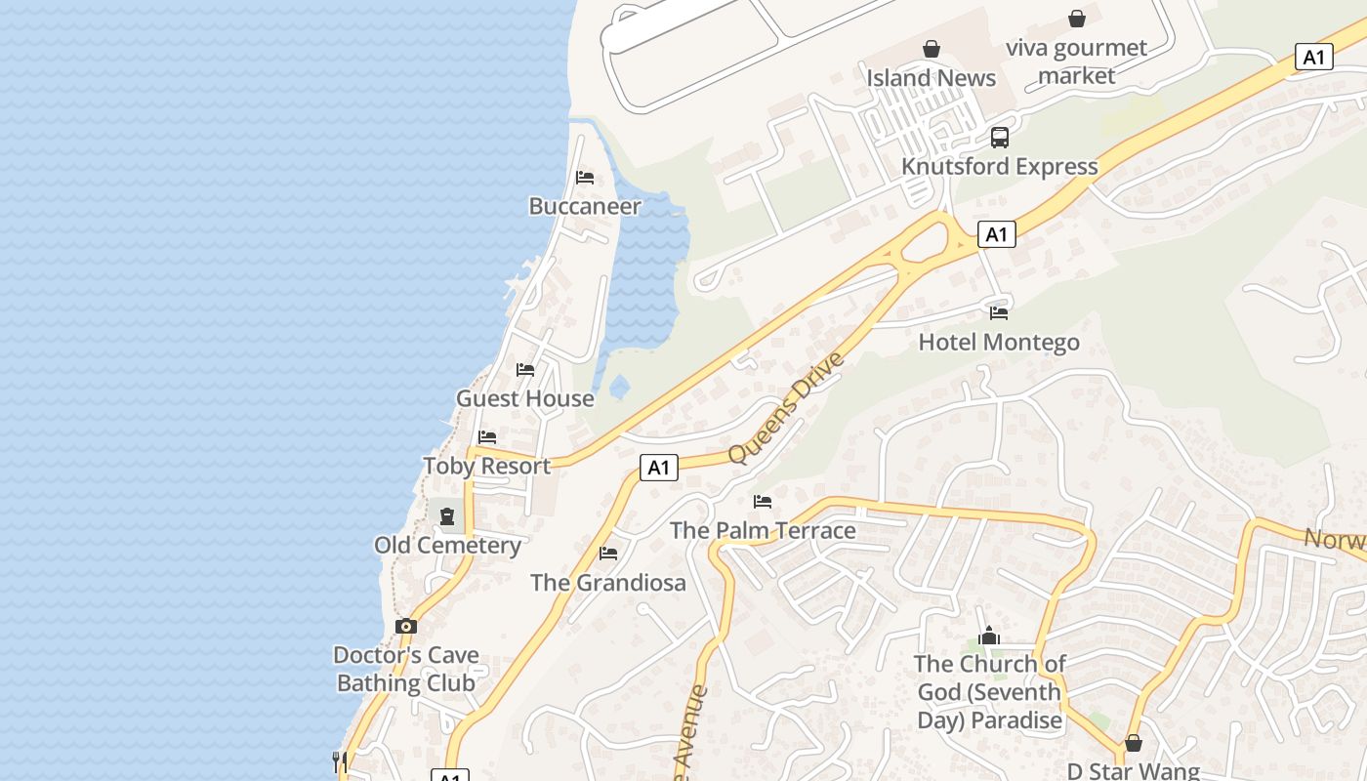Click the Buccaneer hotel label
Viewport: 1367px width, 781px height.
click(x=585, y=206)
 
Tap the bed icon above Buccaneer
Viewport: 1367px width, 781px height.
click(x=585, y=177)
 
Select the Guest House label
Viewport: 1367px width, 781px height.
click(x=525, y=398)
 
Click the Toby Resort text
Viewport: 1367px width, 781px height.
click(x=487, y=466)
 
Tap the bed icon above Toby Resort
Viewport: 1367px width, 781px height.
click(x=487, y=436)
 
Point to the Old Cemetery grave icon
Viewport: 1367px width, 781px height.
click(x=447, y=515)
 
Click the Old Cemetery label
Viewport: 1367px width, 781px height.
click(x=447, y=545)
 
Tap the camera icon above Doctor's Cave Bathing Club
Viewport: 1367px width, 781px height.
click(x=406, y=626)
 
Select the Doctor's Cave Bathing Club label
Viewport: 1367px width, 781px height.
click(x=406, y=669)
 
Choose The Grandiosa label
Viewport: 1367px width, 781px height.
click(x=608, y=583)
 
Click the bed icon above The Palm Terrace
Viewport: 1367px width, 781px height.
click(x=763, y=502)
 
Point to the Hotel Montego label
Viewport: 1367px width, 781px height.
click(x=999, y=343)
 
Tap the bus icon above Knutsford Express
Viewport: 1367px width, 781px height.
click(x=1000, y=138)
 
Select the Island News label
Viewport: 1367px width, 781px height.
click(x=932, y=78)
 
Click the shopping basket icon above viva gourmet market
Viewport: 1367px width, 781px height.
click(x=1077, y=19)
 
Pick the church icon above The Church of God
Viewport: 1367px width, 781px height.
click(x=989, y=637)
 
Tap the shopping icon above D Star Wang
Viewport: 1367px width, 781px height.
click(x=1134, y=743)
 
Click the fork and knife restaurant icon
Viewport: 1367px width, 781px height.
click(x=340, y=761)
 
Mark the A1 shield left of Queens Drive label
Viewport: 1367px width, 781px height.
click(x=659, y=468)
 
